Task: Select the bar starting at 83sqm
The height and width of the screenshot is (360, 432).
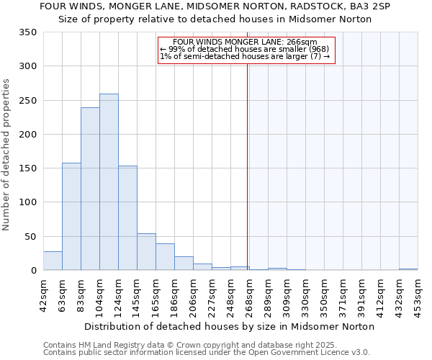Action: point(90,189)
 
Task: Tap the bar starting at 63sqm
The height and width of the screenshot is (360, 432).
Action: point(71,217)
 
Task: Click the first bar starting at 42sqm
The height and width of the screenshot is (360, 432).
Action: point(53,261)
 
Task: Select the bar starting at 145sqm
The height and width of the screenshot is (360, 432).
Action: point(146,252)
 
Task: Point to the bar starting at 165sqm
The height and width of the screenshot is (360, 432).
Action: point(165,257)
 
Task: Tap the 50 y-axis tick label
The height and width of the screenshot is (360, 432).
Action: point(30,236)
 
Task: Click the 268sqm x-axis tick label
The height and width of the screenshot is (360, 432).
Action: point(249,295)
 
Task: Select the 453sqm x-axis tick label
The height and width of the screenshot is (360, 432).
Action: point(418,295)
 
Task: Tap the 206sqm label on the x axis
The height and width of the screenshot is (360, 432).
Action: point(193,295)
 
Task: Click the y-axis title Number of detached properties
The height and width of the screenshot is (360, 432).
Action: point(6,155)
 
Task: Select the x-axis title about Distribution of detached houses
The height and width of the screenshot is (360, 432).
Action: point(235,326)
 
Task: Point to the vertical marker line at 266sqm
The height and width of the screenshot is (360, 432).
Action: point(248,180)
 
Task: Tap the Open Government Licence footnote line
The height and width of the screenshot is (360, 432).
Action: point(206,353)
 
